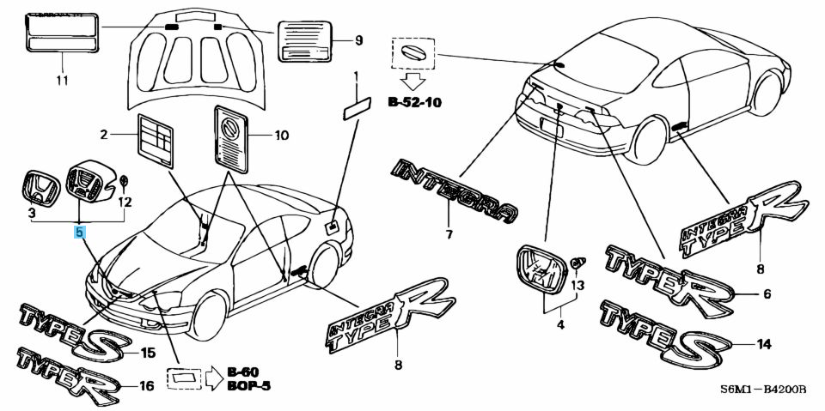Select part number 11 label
[x=60, y=82]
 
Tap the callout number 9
[x=359, y=40]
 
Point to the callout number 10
[x=282, y=136]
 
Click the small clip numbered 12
[x=125, y=183]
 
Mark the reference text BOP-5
[x=249, y=386]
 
